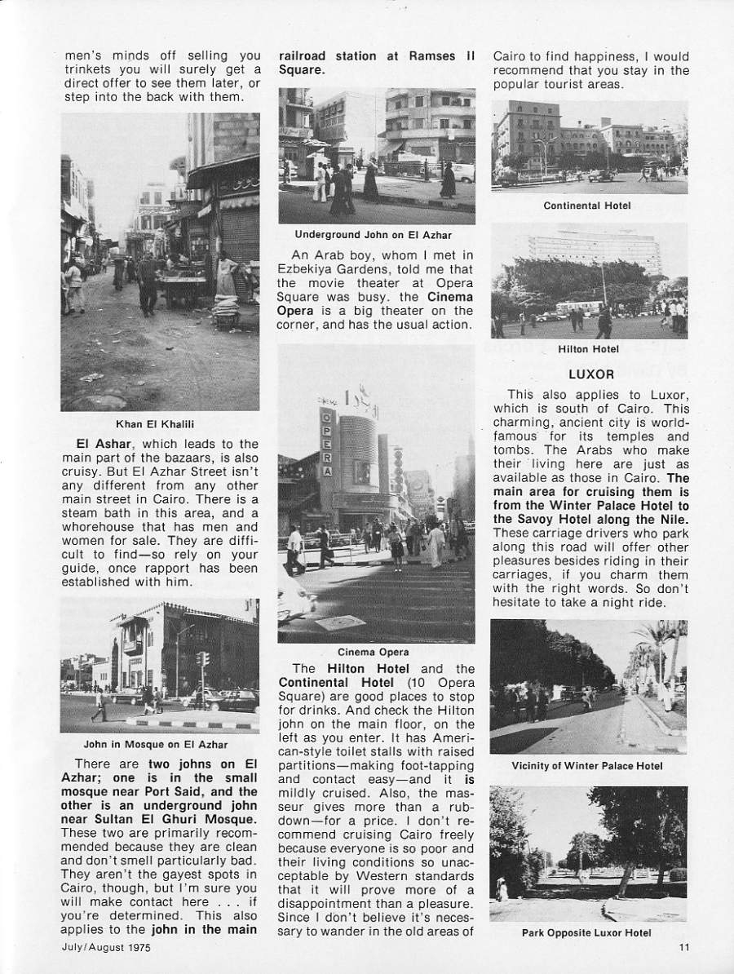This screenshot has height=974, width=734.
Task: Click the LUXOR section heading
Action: coord(590,375)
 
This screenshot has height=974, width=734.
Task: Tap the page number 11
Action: coord(683,947)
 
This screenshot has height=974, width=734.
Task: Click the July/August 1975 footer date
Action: coord(104,947)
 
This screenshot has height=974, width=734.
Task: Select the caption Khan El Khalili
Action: coord(161,423)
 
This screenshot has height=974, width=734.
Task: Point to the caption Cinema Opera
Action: coord(374,652)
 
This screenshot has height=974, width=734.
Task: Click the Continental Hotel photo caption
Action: coord(587,206)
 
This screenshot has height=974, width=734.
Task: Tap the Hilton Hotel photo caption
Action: coord(589,349)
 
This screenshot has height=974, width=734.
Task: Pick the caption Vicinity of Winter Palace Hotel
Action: coord(587,765)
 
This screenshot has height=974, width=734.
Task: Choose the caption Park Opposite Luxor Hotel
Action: coord(586,932)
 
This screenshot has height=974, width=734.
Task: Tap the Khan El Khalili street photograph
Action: coord(161,261)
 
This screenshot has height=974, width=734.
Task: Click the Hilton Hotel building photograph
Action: coord(589,281)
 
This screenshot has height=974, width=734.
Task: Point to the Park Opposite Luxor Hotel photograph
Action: coord(587,852)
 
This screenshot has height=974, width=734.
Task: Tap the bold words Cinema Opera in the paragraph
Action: coord(449,298)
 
